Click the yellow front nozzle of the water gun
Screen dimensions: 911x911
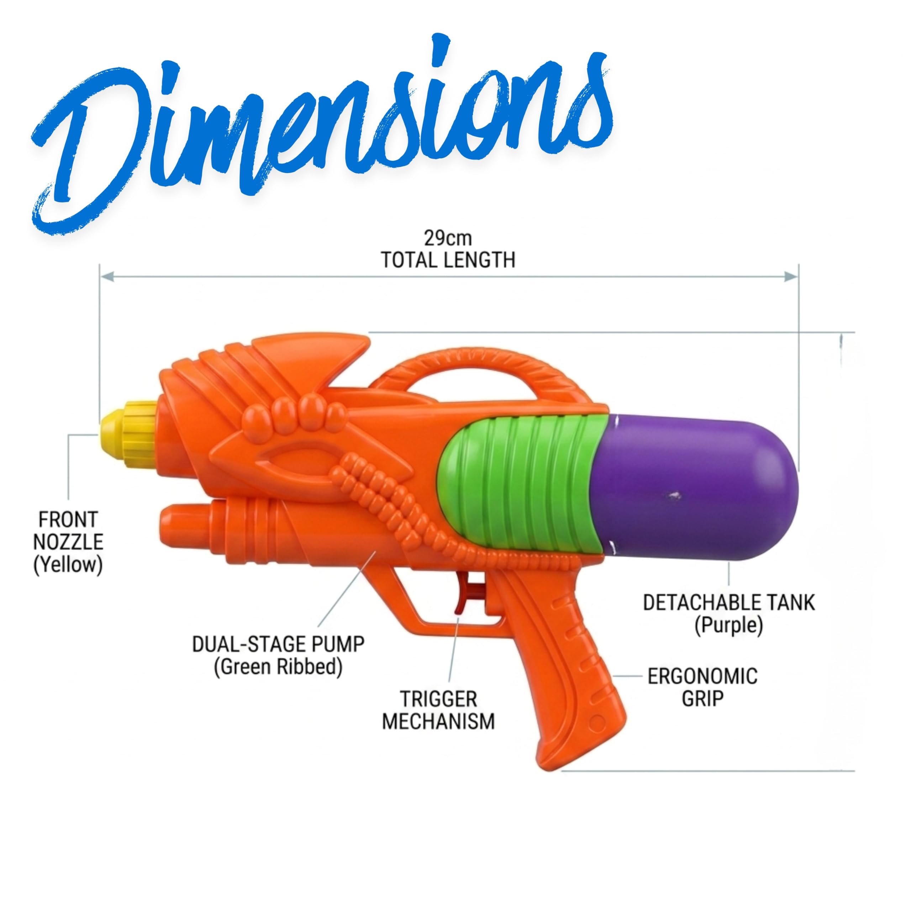[x=128, y=434]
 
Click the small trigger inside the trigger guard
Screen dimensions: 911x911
[x=467, y=596]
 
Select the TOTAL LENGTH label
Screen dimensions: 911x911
[x=448, y=260]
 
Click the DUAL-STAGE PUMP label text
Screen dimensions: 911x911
[x=278, y=644]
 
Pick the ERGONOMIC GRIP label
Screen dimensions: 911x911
[x=702, y=688]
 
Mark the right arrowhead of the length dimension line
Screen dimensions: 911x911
[x=791, y=277]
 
